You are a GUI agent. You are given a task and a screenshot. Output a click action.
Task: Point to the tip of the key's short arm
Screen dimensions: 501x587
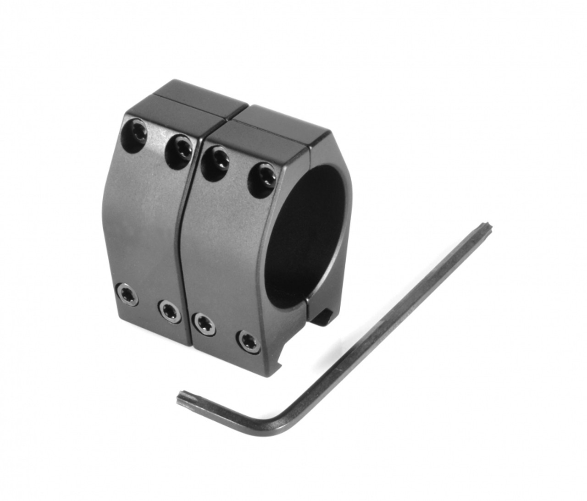click(182, 397)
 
